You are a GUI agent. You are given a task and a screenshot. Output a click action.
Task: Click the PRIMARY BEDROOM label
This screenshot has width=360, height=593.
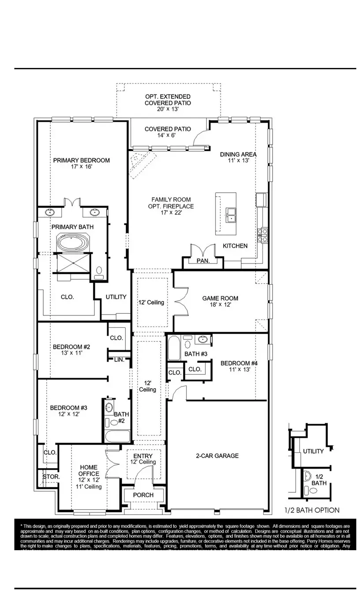[81, 160]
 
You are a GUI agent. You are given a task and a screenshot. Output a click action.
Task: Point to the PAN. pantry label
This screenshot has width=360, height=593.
[203, 261]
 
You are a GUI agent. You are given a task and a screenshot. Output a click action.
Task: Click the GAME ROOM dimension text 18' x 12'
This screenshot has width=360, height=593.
[220, 305]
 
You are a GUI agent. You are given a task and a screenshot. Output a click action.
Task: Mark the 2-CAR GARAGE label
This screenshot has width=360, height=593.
[217, 456]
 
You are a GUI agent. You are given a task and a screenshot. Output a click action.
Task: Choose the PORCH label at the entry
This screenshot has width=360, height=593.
[143, 495]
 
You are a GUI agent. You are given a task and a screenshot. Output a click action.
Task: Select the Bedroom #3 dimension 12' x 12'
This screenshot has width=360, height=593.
[68, 415]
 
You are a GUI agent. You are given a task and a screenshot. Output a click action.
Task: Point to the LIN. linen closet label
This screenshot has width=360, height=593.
[119, 360]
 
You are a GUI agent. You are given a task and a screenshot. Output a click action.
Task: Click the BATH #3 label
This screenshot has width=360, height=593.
[196, 354]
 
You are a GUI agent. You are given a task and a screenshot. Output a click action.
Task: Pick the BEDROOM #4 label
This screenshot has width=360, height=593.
[239, 363]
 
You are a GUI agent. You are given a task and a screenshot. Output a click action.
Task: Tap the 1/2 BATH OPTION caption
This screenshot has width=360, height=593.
[312, 510]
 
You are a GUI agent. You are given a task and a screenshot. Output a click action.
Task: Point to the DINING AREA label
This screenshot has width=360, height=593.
[238, 154]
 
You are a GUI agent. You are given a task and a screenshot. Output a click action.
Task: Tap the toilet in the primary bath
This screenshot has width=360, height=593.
[99, 270]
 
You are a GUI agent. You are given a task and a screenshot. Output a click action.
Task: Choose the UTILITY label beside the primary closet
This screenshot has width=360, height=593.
[116, 297]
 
